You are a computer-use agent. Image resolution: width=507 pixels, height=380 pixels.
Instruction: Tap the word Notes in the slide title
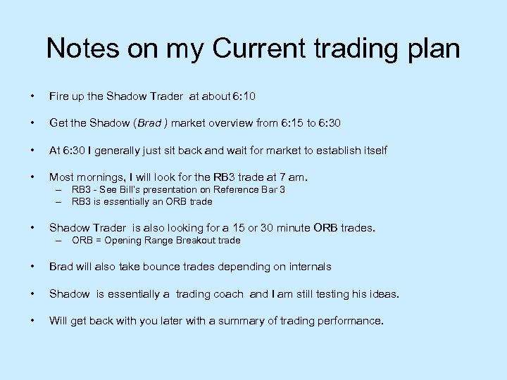[x=83, y=49]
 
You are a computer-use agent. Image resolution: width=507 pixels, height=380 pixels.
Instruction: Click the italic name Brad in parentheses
[x=149, y=123]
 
